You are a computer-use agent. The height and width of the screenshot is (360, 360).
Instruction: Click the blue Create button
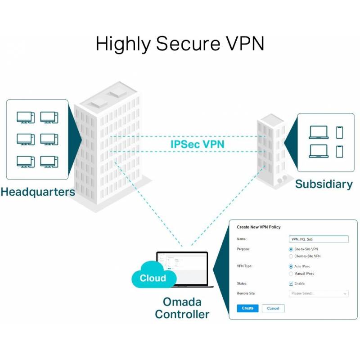tap(247, 308)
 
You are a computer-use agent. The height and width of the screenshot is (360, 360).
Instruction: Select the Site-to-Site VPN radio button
tap(291, 249)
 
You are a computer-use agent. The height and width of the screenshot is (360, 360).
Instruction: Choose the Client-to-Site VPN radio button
tap(291, 256)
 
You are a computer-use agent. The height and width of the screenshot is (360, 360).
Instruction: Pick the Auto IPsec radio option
tap(291, 266)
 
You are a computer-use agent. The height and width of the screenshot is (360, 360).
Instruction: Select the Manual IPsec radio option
tap(291, 274)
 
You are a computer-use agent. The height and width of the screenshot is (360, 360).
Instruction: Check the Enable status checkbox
tap(291, 283)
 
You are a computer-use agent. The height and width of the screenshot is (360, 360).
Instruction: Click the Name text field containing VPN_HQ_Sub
tap(318, 239)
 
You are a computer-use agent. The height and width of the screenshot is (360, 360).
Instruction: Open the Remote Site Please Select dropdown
tap(318, 293)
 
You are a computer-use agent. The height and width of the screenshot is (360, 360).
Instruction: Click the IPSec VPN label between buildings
tap(198, 144)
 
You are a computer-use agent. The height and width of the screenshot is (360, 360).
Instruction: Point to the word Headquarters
tap(38, 192)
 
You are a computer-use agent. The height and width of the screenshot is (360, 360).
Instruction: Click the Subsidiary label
tap(324, 184)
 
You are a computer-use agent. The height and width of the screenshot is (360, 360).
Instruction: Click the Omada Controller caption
tap(182, 308)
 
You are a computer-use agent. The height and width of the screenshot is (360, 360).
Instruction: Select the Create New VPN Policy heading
tap(259, 227)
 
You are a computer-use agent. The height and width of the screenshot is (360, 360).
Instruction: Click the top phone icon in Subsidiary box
tap(339, 132)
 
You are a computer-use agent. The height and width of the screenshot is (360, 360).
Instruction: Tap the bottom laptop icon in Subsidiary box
tap(319, 151)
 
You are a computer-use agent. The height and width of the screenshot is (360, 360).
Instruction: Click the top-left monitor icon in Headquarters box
tap(26, 117)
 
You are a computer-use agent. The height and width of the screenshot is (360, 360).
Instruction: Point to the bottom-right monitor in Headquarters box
tap(49, 161)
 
